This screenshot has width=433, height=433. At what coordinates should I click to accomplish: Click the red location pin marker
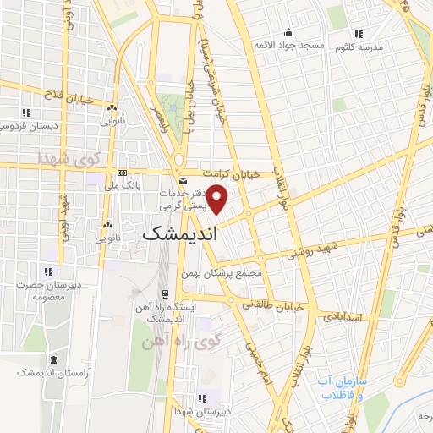[218, 200]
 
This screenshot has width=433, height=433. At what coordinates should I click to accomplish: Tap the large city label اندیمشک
[179, 235]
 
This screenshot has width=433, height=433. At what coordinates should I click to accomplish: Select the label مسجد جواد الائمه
[291, 45]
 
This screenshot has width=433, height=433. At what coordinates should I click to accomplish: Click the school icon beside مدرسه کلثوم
[359, 35]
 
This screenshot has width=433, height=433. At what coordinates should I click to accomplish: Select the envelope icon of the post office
[184, 181]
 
